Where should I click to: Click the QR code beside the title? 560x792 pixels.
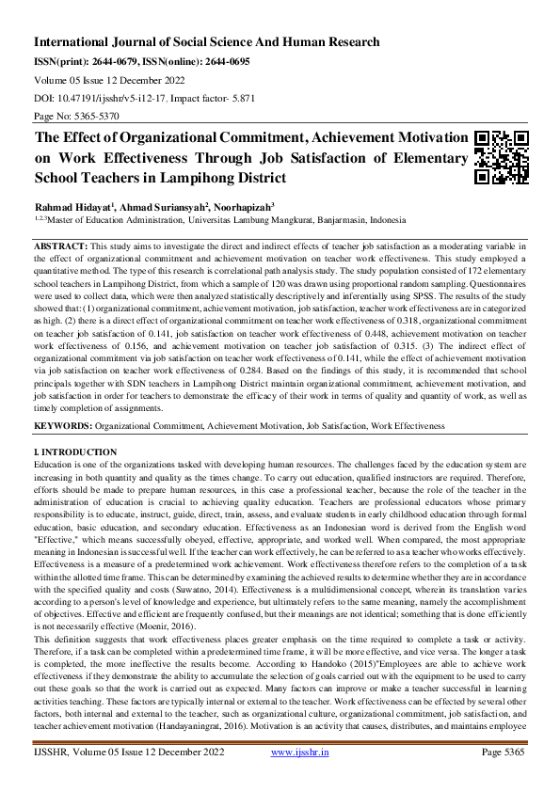tap(501, 157)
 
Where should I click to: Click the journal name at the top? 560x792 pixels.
tap(207, 42)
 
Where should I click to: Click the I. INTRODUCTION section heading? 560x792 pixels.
tap(75, 452)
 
